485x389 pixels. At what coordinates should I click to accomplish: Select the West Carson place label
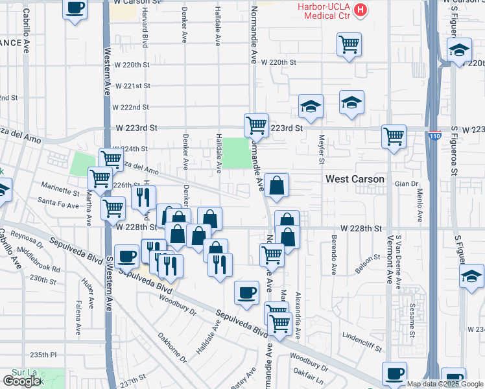[355, 178]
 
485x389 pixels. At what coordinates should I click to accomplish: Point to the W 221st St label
[132, 86]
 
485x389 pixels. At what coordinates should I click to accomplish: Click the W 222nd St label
[130, 107]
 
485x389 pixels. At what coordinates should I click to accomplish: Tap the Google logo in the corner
[21, 381]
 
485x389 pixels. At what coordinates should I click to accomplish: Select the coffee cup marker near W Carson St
[75, 8]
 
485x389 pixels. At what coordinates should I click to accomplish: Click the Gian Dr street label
[407, 184]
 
